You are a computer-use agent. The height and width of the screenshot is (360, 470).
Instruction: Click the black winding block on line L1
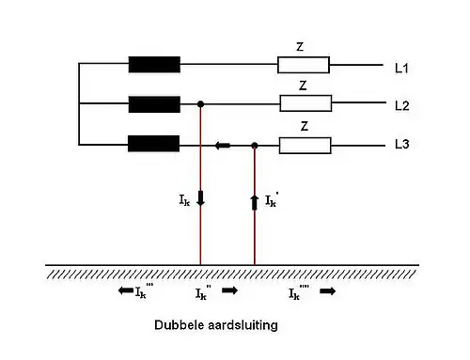(x=154, y=65)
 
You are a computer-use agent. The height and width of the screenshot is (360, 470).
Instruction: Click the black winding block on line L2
(x=154, y=104)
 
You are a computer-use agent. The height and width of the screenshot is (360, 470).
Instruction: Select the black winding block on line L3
(x=154, y=145)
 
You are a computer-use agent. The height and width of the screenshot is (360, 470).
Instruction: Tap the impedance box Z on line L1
(x=304, y=65)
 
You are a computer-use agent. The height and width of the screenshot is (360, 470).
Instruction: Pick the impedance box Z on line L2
(x=304, y=104)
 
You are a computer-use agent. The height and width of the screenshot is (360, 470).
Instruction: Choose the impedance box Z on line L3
(x=304, y=145)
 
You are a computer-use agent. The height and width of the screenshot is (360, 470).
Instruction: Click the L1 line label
(x=402, y=68)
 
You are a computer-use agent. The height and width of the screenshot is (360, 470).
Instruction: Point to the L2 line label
(x=402, y=105)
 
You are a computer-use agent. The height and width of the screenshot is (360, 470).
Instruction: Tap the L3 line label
(x=402, y=146)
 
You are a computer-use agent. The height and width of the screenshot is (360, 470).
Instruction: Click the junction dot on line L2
(x=200, y=104)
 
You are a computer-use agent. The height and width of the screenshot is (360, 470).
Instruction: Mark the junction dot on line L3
(x=255, y=145)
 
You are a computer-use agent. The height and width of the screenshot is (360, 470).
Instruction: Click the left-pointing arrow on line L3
(x=222, y=145)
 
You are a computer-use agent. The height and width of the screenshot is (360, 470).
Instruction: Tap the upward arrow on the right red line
(x=255, y=200)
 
